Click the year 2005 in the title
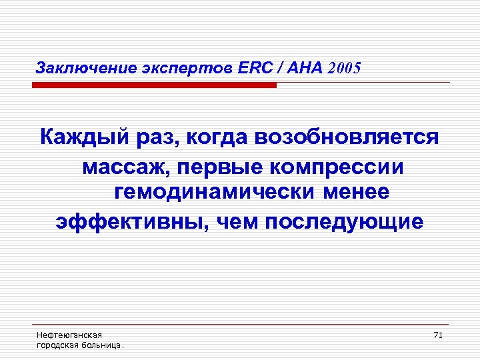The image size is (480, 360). coord(344,68)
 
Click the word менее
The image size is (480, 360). coord(357,193)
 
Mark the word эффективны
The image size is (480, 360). coord(126,221)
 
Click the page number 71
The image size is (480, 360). coord(438,335)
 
